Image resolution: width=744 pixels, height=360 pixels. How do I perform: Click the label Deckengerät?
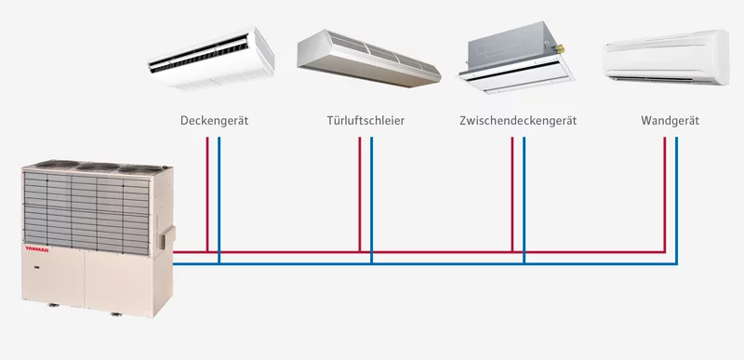[x=214, y=121]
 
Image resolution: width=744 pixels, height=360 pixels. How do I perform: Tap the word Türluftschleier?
[x=365, y=121]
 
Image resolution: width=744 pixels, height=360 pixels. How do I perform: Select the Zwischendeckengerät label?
[x=518, y=121]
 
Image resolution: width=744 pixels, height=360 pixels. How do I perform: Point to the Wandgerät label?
[x=670, y=121]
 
